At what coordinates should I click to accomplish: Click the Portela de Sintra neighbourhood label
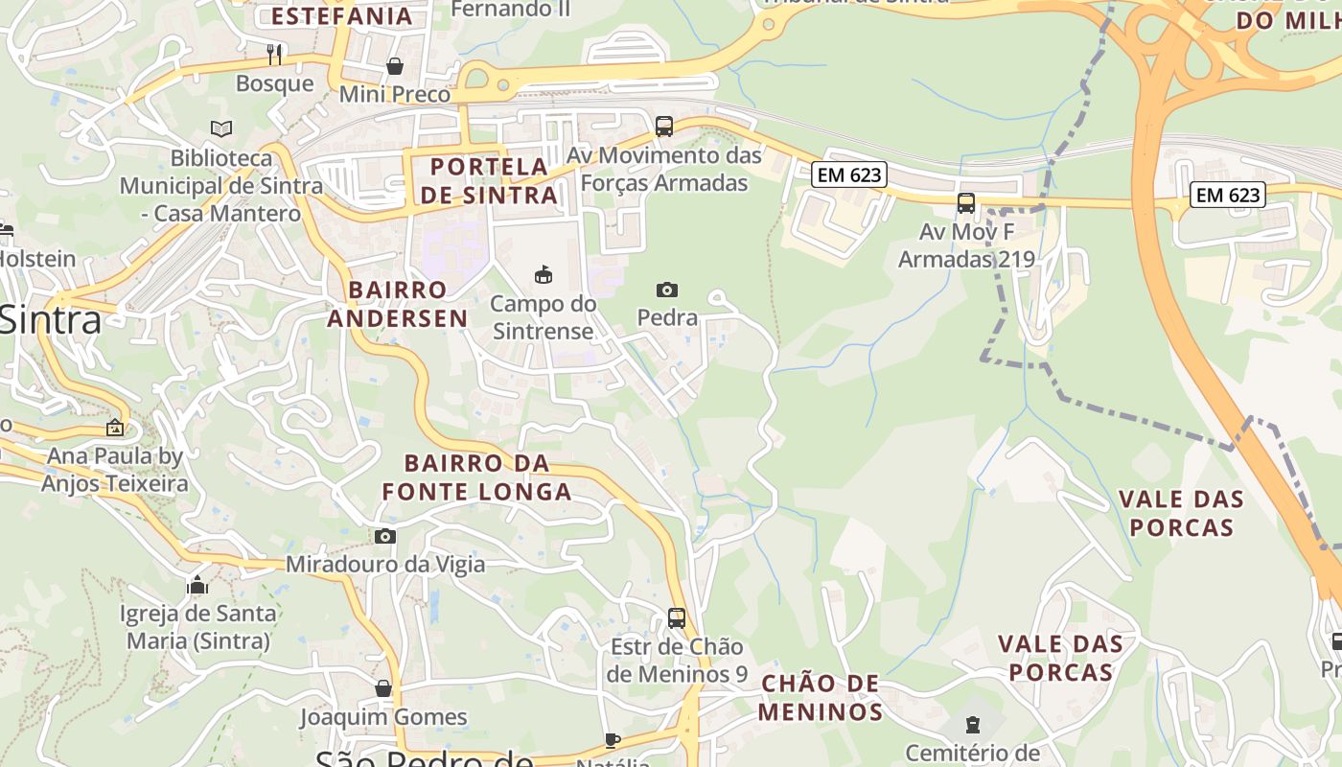pyautogui.click(x=489, y=180)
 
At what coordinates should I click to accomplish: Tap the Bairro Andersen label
pyautogui.click(x=398, y=304)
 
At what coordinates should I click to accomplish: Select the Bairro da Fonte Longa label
pyautogui.click(x=476, y=477)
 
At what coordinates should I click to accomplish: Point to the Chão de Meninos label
pyautogui.click(x=821, y=698)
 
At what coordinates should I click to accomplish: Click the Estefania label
pyautogui.click(x=341, y=15)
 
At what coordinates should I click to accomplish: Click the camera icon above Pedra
pyautogui.click(x=667, y=290)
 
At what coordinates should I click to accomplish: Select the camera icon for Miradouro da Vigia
pyautogui.click(x=385, y=536)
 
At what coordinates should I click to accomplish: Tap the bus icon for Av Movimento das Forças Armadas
pyautogui.click(x=663, y=126)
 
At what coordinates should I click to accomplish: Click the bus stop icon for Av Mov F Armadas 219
pyautogui.click(x=966, y=203)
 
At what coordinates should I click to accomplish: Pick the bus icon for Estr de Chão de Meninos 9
pyautogui.click(x=677, y=617)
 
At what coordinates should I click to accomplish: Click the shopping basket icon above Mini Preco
pyautogui.click(x=394, y=66)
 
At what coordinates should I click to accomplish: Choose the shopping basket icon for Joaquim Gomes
pyautogui.click(x=383, y=688)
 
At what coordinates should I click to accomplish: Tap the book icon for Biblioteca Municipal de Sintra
pyautogui.click(x=221, y=128)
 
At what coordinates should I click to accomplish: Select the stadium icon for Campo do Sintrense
pyautogui.click(x=544, y=275)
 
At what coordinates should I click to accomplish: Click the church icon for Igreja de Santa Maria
pyautogui.click(x=197, y=584)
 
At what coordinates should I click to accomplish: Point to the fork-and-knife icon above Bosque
pyautogui.click(x=274, y=54)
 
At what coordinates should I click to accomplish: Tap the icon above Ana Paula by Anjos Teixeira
pyautogui.click(x=115, y=428)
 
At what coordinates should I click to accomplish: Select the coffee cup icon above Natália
pyautogui.click(x=613, y=739)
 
